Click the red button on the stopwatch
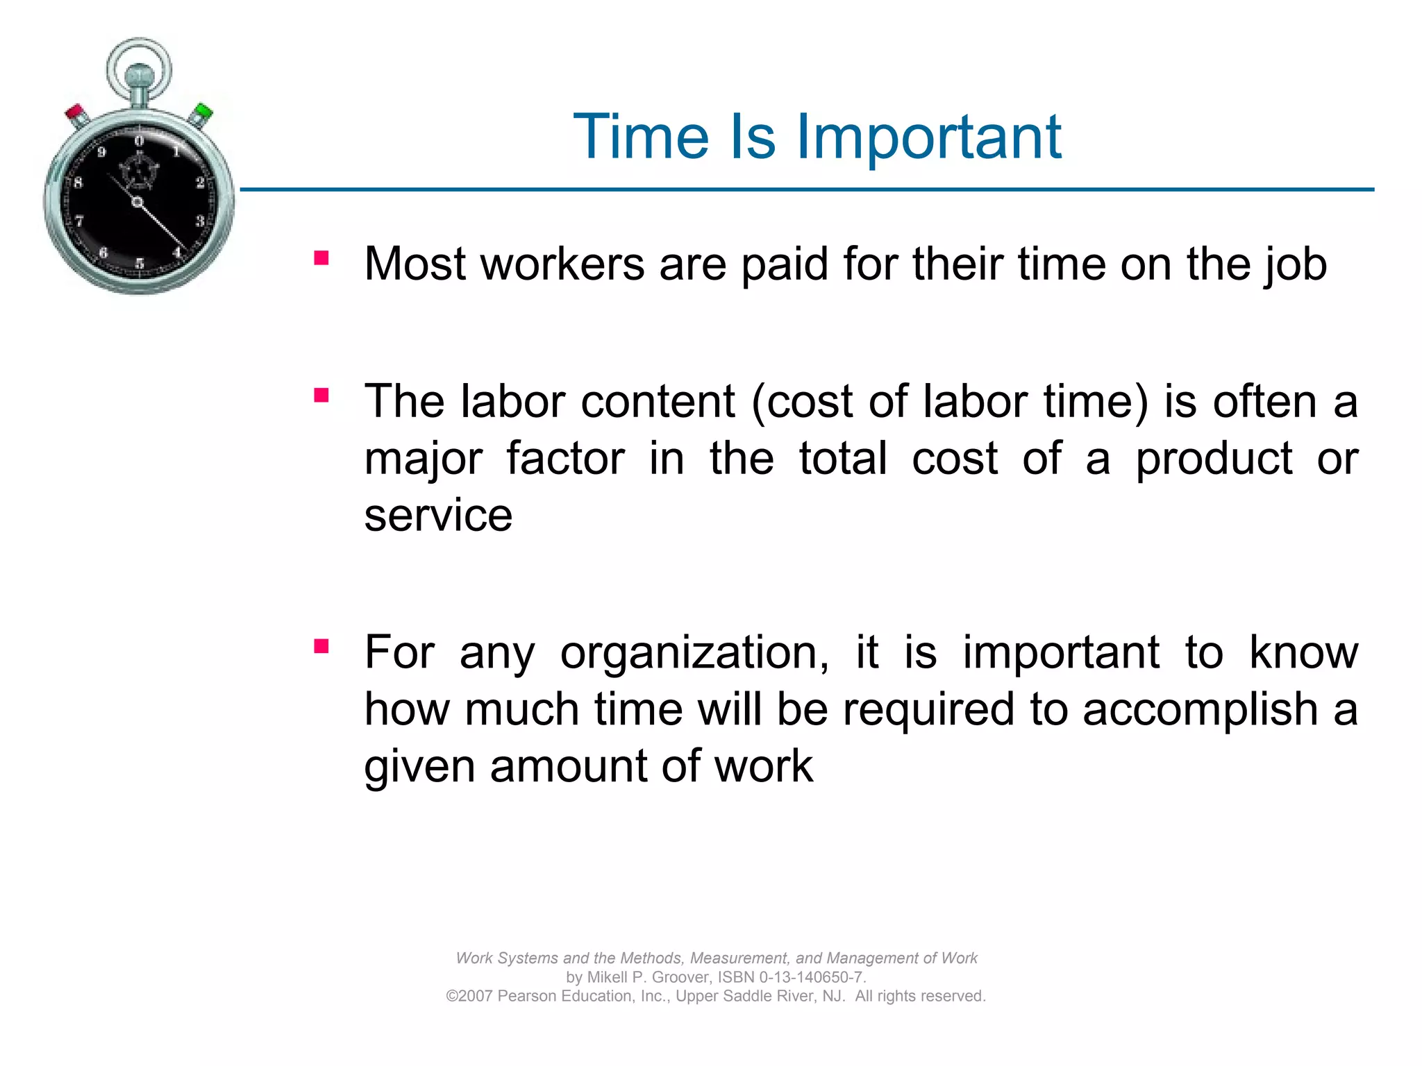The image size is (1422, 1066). (75, 114)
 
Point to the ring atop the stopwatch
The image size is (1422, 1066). (139, 66)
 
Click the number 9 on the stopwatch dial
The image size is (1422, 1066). (101, 152)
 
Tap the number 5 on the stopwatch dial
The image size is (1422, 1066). (140, 263)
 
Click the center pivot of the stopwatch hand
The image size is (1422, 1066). (137, 202)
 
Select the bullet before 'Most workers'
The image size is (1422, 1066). (321, 258)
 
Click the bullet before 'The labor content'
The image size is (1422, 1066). (321, 396)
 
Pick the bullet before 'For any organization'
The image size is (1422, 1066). (321, 647)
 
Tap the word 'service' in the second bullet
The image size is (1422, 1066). (438, 516)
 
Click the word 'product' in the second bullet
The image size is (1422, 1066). (1214, 459)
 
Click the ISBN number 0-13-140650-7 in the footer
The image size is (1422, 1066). (811, 977)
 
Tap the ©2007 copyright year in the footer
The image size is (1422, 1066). (469, 996)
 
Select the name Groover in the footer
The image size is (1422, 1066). (678, 977)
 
